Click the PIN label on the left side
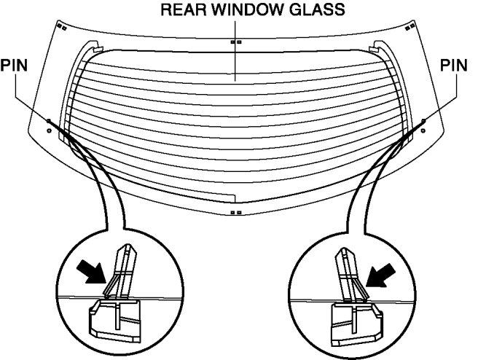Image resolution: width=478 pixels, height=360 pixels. (x=15, y=65)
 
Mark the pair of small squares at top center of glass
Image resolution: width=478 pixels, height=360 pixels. (x=235, y=43)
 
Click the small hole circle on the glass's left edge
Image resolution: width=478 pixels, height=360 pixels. (x=48, y=130)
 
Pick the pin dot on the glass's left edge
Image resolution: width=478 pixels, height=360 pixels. (x=48, y=120)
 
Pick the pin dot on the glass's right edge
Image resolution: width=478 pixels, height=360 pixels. (x=423, y=120)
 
